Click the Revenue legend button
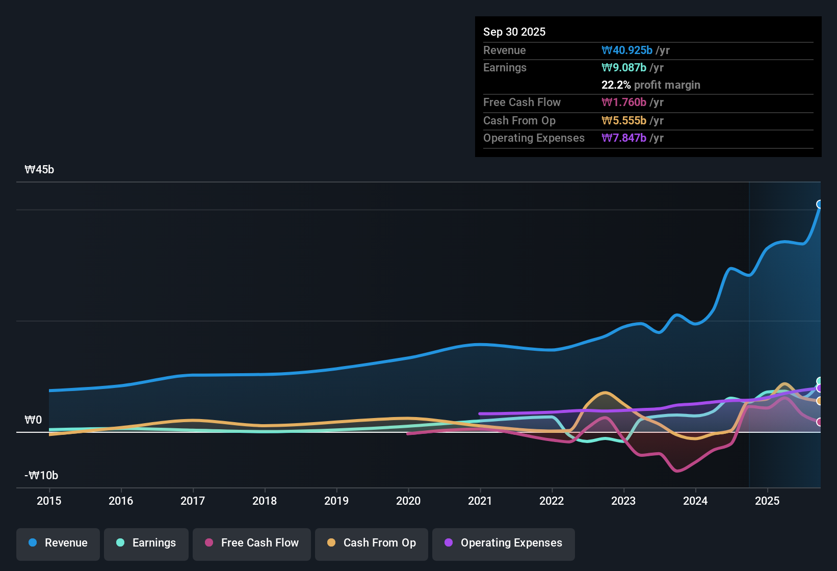click(x=58, y=543)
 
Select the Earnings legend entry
click(x=146, y=543)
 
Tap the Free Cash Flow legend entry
click(x=252, y=543)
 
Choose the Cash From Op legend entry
click(x=372, y=543)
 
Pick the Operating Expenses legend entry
click(x=504, y=543)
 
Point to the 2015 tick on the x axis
click(x=49, y=501)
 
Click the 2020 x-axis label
click(x=408, y=501)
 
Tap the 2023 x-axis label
click(x=623, y=501)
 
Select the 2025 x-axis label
click(x=767, y=501)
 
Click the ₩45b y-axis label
click(x=39, y=170)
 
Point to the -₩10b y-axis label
click(x=41, y=476)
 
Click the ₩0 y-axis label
click(x=33, y=420)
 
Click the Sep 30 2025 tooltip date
click(x=514, y=32)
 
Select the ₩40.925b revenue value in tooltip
click(x=627, y=50)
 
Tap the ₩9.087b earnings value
click(x=624, y=67)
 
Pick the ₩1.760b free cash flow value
click(x=624, y=102)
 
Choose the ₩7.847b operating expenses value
click(x=624, y=138)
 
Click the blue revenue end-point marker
click(x=820, y=204)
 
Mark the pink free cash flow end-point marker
click(x=820, y=422)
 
